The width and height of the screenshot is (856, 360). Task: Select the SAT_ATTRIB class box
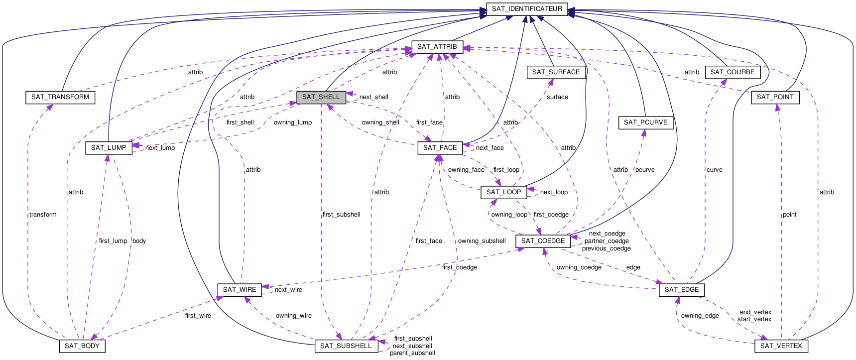point(437,47)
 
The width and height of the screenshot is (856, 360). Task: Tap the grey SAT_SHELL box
point(321,97)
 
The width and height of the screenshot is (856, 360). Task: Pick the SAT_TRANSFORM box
point(60,97)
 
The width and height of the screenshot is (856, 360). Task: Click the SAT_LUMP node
point(109,148)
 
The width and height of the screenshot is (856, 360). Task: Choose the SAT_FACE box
point(440,148)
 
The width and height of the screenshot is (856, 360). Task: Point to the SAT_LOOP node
point(503,192)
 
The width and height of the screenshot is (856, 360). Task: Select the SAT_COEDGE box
point(543,241)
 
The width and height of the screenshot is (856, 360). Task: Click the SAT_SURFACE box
point(556,72)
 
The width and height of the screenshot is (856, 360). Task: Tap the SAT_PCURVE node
point(645,122)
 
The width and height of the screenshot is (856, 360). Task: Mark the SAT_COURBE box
point(732,72)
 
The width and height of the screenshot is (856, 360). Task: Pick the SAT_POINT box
point(775,97)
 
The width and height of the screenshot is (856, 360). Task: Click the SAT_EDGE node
point(681,290)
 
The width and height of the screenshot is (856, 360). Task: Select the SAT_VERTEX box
point(781,346)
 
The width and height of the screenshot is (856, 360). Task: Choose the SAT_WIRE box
point(240,290)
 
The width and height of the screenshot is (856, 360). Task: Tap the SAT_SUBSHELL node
point(346,346)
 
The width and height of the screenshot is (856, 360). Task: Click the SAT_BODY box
point(82,346)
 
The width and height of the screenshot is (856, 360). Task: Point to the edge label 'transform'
point(43,215)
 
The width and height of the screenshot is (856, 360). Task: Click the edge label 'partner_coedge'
point(607,241)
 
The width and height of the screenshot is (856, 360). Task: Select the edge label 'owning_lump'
point(293,122)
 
